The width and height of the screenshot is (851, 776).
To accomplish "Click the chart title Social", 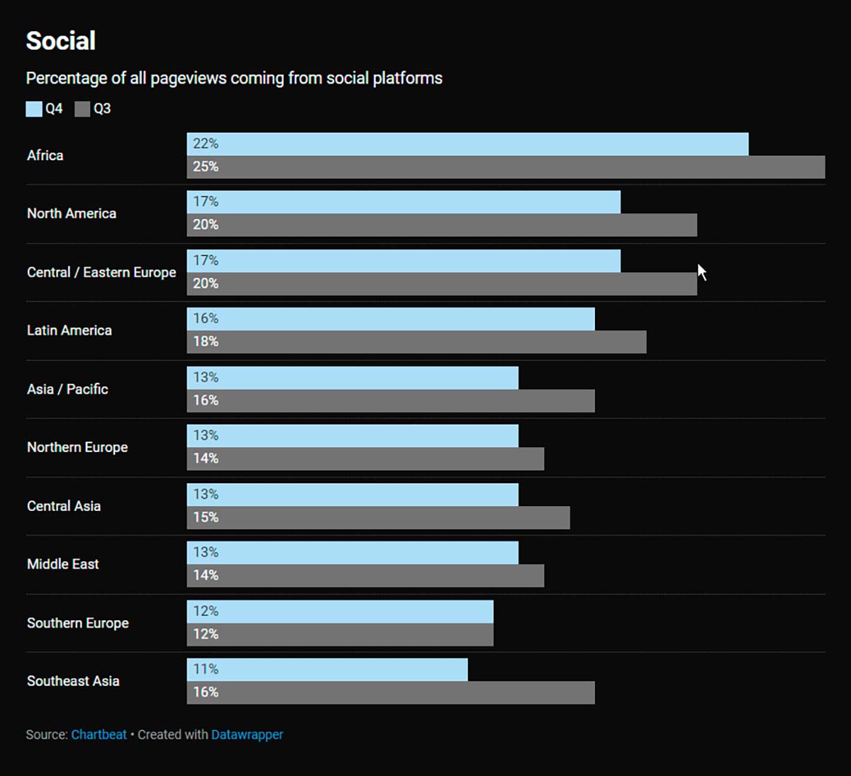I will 61,41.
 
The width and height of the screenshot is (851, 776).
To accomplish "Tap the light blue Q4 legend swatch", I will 34,108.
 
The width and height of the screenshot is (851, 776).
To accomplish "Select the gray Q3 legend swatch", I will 82,108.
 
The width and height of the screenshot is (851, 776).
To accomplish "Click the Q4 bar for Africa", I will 468,144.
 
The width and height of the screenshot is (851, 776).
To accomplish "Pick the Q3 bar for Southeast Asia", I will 391,692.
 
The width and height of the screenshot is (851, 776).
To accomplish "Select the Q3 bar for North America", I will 442,225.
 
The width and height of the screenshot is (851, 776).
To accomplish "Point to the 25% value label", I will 206,167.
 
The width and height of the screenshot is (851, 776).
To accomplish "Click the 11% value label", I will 206,669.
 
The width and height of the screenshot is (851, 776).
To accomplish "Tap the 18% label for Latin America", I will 206,342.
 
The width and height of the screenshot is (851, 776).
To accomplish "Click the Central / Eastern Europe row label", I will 101,272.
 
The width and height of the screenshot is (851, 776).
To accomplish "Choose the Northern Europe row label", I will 77,447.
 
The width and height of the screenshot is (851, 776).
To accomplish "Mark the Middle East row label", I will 63,564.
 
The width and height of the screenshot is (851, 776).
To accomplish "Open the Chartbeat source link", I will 99,734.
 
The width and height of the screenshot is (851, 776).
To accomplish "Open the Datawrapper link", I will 247,734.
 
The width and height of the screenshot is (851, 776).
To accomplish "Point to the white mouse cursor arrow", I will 701,271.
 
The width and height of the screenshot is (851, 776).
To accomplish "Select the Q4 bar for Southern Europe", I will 340,611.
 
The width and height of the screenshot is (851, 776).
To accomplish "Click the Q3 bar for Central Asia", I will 378,517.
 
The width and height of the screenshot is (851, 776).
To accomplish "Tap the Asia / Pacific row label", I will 67,389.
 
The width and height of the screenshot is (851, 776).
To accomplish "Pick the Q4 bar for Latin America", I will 391,319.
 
